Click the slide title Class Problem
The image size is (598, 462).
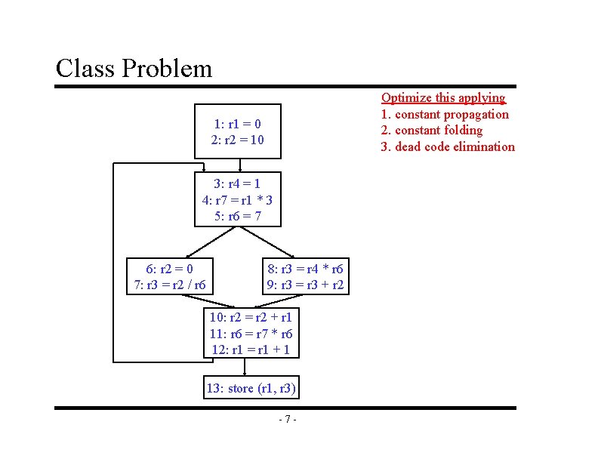coord(134,69)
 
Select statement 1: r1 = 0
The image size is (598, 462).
coord(237,124)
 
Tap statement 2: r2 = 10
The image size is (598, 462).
coord(237,140)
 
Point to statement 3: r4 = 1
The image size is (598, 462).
coord(237,183)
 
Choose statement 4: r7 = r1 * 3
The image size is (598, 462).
coord(237,200)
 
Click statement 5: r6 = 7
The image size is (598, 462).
coord(237,217)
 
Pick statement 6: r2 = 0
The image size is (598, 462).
coord(169,269)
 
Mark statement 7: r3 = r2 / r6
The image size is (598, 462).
coord(169,285)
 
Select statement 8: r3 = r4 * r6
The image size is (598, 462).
coord(305,269)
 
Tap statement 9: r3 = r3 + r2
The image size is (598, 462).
coord(305,285)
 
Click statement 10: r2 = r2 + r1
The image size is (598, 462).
coord(251,317)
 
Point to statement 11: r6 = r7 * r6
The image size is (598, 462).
coord(251,334)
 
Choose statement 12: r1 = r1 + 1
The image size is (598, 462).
coord(251,350)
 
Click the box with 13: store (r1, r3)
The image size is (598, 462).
coord(251,389)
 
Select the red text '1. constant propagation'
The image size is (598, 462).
coord(445,114)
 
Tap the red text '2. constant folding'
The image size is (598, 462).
coord(432,130)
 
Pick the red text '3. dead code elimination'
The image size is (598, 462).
coord(448,146)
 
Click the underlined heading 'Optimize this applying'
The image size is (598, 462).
coord(442,97)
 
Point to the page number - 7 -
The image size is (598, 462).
coord(287,420)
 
